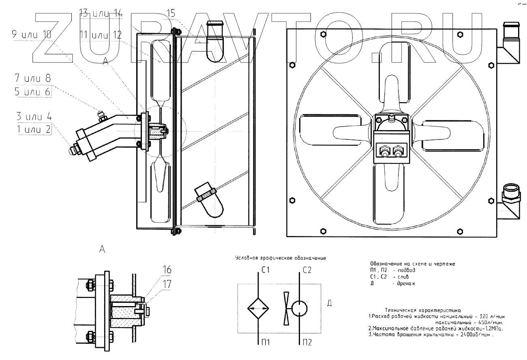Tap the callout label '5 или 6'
[32, 92]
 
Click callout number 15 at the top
[171, 14]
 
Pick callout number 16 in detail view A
[167, 270]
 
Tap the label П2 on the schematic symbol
[307, 343]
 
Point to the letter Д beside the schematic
[329, 303]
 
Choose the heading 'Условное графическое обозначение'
[281, 258]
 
